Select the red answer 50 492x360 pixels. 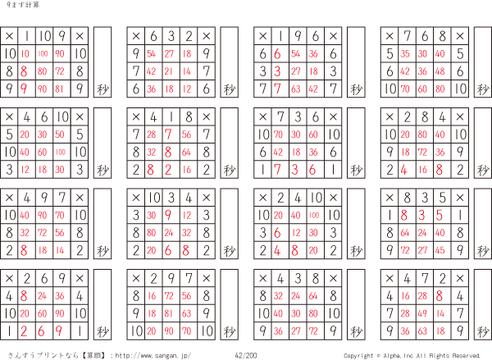(x=61, y=134)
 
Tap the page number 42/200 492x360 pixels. (x=246, y=355)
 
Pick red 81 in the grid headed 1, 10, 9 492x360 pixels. (x=61, y=89)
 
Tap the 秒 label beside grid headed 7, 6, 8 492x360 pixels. (x=483, y=89)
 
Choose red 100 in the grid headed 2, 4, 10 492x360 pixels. (x=314, y=214)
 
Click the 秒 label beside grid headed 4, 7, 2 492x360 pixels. (x=483, y=330)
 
